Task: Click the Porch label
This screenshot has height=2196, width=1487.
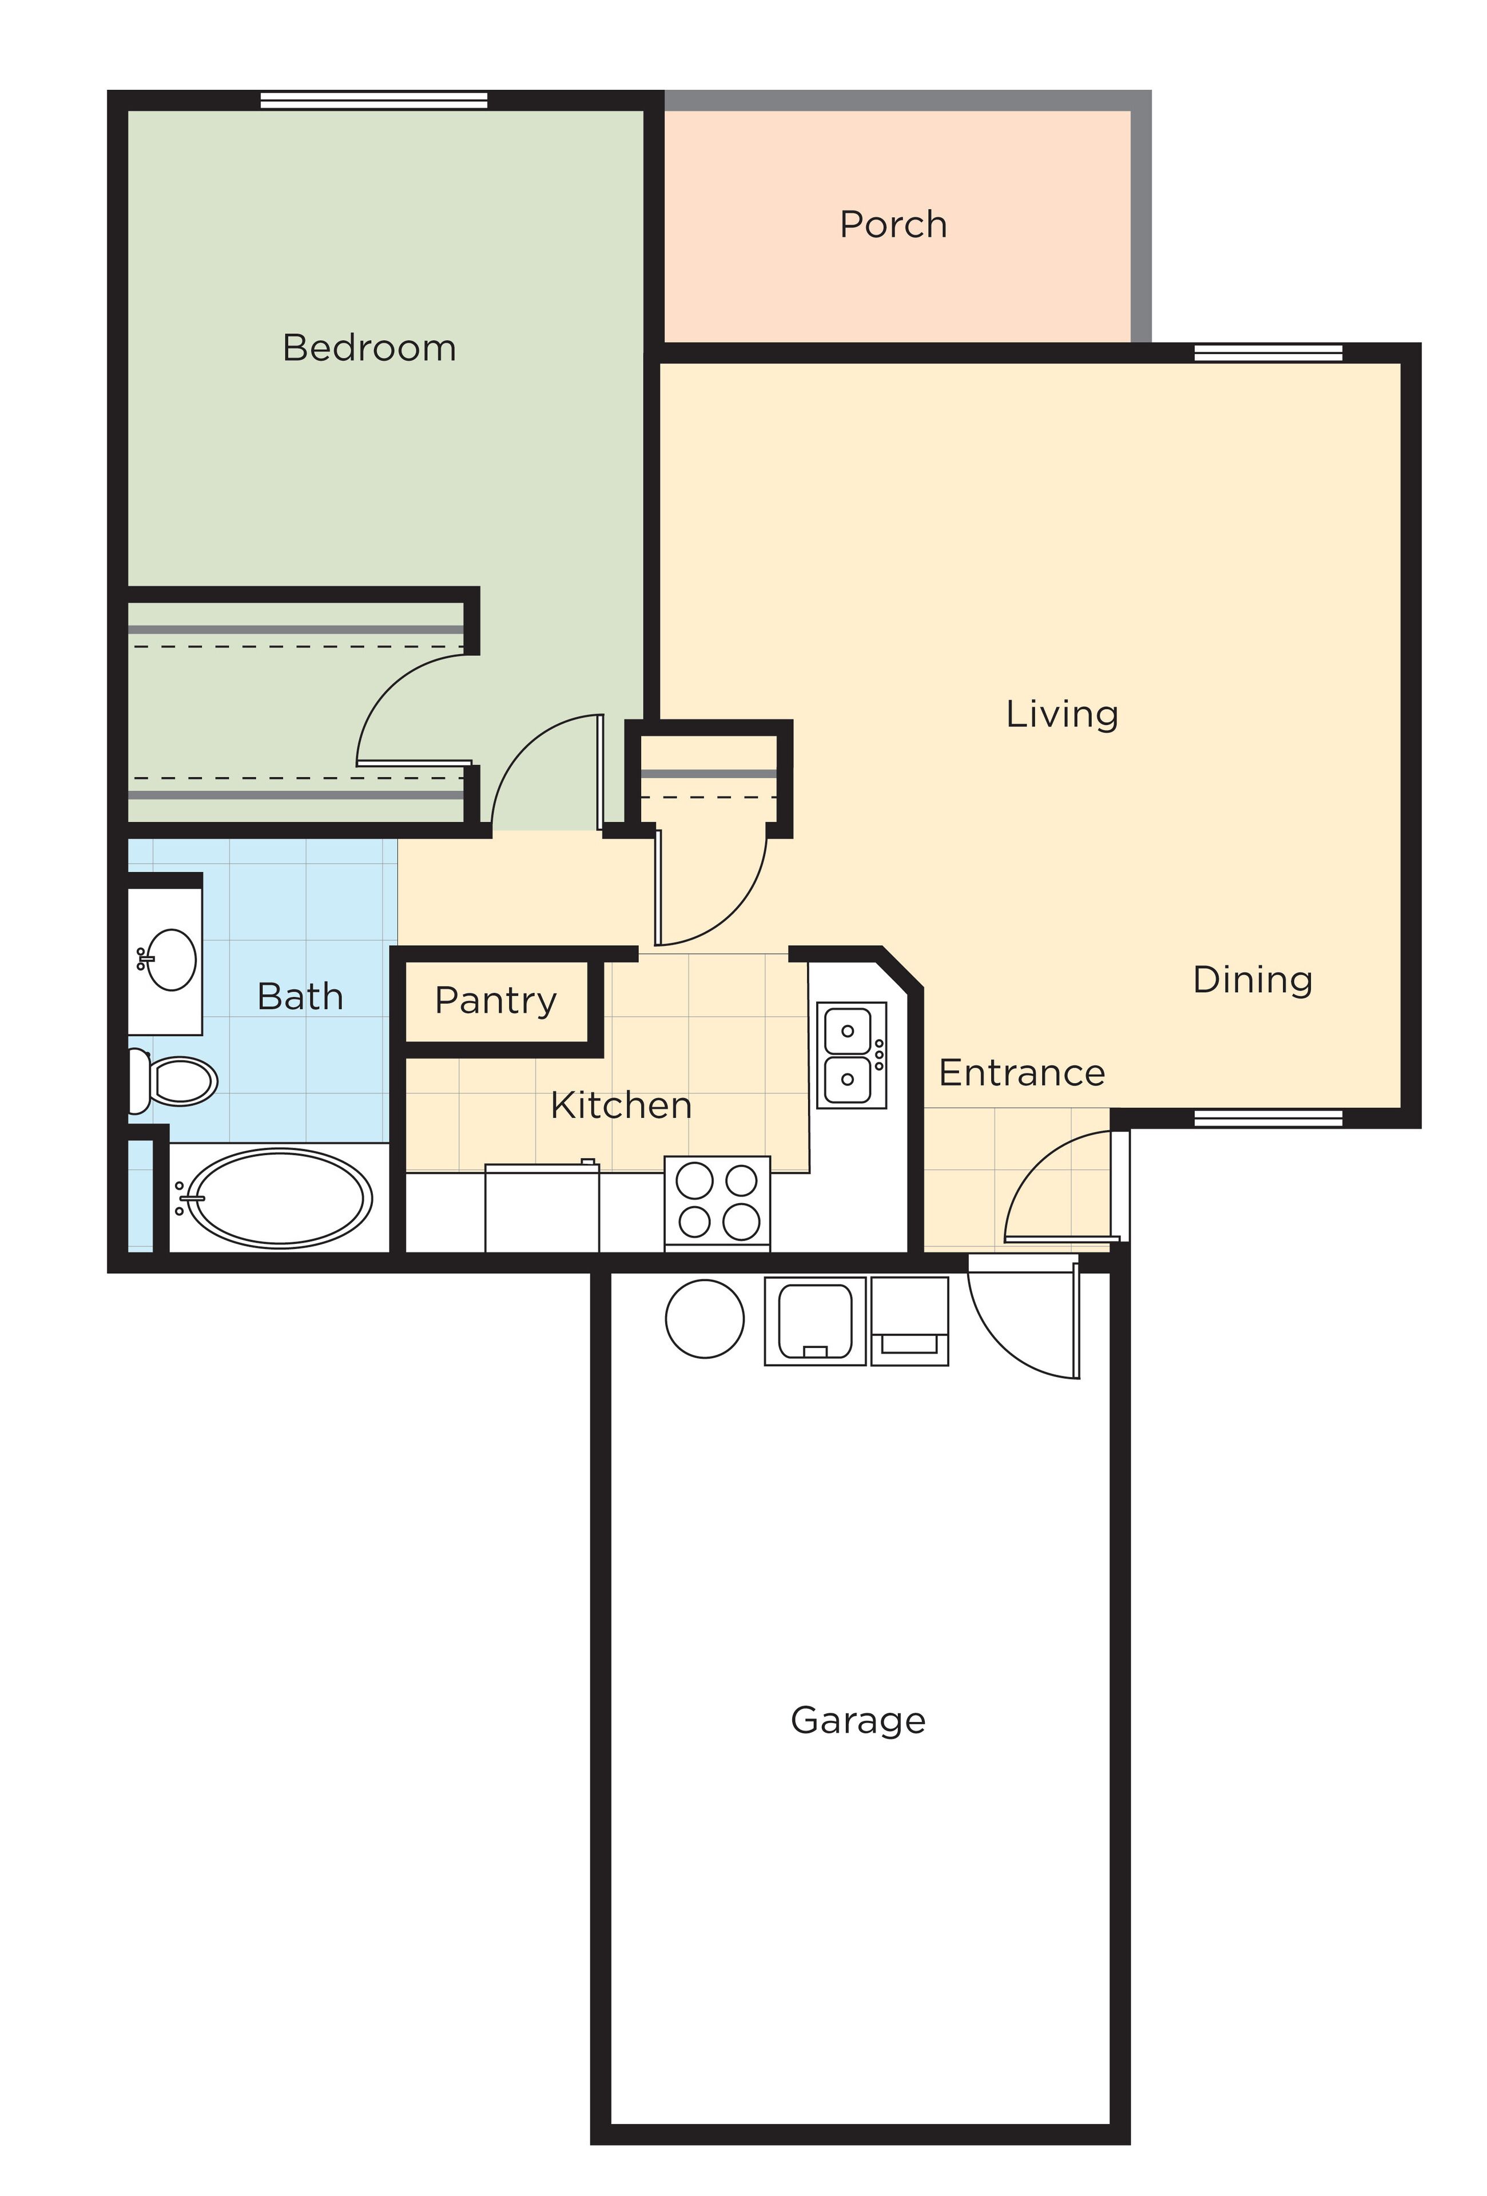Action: click(893, 225)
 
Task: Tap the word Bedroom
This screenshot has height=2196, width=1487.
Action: click(369, 348)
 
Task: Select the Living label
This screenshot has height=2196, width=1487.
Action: click(1062, 714)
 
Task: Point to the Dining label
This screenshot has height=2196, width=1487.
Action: click(1253, 980)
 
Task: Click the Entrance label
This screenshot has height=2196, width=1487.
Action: click(1021, 1072)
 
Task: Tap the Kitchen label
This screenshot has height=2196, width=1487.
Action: click(621, 1105)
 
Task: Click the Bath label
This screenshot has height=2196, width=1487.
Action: click(300, 996)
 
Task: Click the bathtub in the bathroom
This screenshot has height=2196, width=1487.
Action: click(279, 1197)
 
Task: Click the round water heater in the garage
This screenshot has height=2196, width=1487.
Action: click(704, 1318)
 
